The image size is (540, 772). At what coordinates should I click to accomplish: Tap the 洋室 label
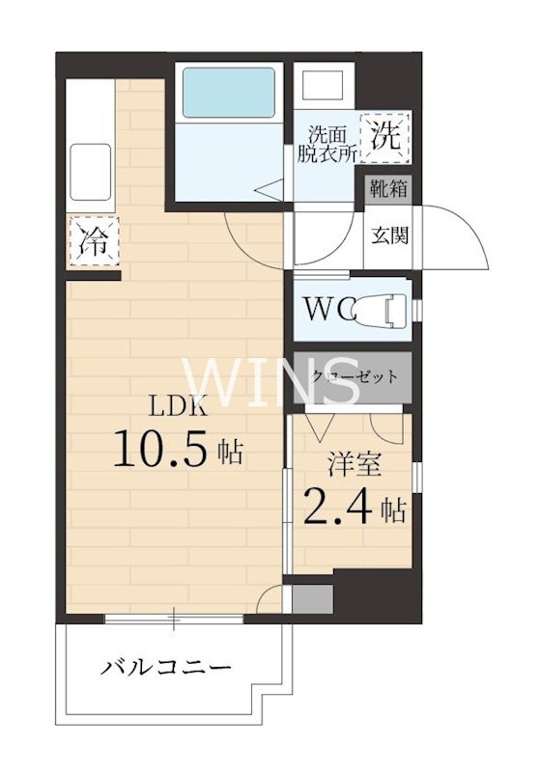tap(355, 464)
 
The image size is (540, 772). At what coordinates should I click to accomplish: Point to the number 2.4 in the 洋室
tap(337, 507)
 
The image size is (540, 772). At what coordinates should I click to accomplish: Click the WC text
tap(331, 310)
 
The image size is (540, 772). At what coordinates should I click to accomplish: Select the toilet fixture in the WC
tap(392, 310)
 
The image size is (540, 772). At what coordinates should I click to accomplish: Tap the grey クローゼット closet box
tap(353, 376)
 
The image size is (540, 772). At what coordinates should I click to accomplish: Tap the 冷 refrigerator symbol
tap(94, 241)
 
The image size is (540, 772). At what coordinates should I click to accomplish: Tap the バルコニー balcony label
tap(166, 667)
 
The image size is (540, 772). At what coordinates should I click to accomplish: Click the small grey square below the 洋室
tap(312, 599)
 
